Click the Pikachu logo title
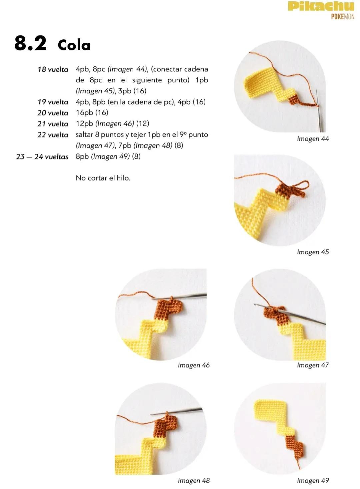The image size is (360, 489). pyautogui.click(x=321, y=7)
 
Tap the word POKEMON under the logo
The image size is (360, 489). pyautogui.click(x=342, y=17)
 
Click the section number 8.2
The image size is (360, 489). pyautogui.click(x=30, y=43)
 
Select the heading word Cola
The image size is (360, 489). pyautogui.click(x=74, y=45)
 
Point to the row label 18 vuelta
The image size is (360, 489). pyautogui.click(x=53, y=69)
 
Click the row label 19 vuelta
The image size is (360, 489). pyautogui.click(x=53, y=102)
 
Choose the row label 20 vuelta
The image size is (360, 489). pyautogui.click(x=53, y=113)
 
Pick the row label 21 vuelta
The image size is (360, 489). pyautogui.click(x=53, y=124)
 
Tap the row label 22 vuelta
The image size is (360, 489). pyautogui.click(x=53, y=135)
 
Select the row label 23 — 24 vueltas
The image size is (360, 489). pyautogui.click(x=42, y=156)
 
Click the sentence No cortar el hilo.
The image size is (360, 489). pyautogui.click(x=103, y=178)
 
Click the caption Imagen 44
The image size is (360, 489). pyautogui.click(x=313, y=139)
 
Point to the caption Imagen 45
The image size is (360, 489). pyautogui.click(x=313, y=252)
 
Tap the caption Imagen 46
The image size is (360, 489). pyautogui.click(x=194, y=365)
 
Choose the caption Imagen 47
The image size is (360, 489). pyautogui.click(x=313, y=365)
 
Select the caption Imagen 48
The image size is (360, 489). pyautogui.click(x=194, y=481)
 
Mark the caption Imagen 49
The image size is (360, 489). pyautogui.click(x=313, y=481)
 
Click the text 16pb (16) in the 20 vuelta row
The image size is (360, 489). pyautogui.click(x=92, y=113)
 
